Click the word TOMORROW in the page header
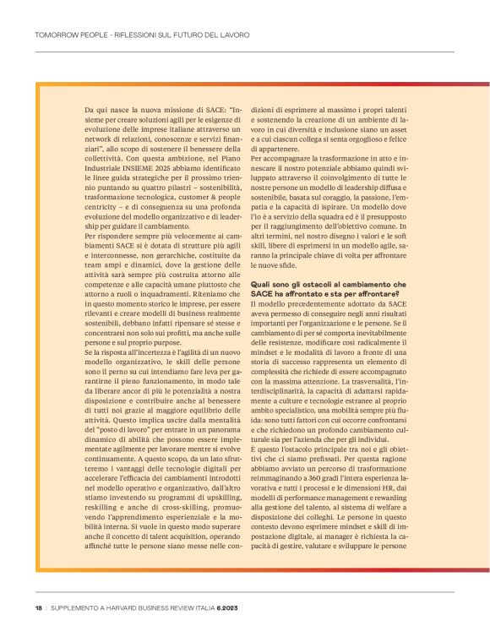pyautogui.click(x=58, y=35)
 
